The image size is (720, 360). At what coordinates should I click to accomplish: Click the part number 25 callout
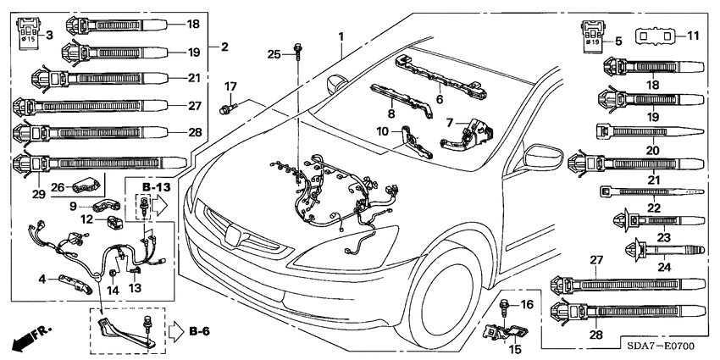274,54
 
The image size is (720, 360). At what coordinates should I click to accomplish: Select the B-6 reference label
198,330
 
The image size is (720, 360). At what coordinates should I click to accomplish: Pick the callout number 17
230,87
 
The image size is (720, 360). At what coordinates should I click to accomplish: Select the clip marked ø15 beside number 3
28,33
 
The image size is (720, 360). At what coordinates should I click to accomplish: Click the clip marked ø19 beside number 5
595,32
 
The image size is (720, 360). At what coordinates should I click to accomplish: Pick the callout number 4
42,278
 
